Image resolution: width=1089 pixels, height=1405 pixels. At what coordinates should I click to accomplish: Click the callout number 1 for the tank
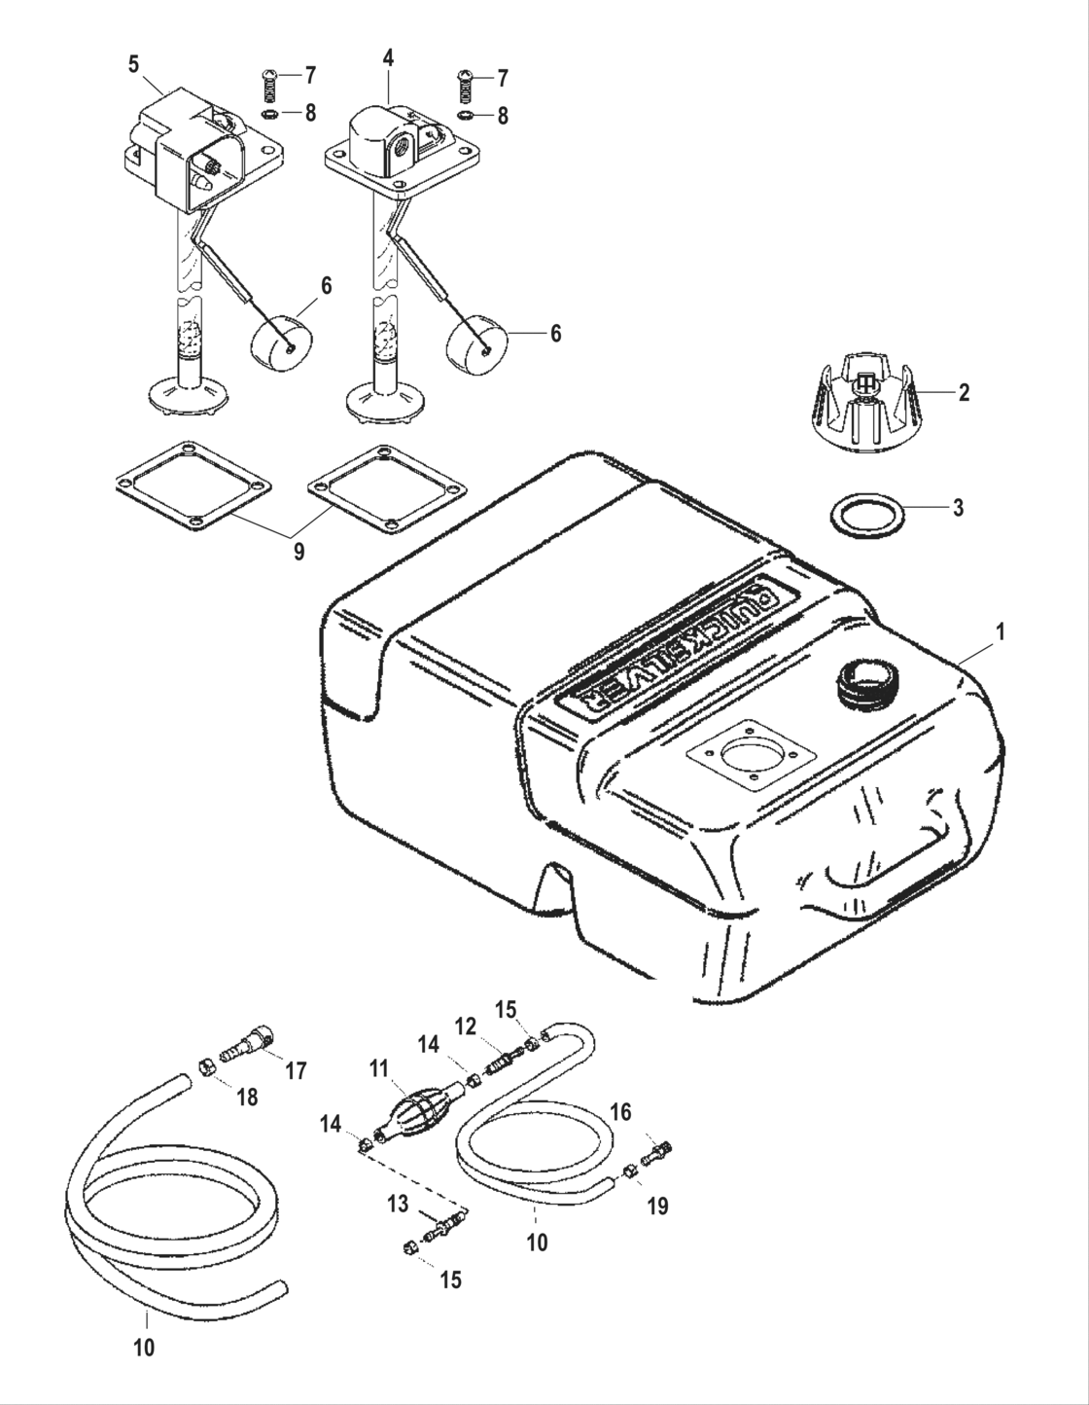(1000, 631)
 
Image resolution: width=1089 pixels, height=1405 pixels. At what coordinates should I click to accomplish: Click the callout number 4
(388, 57)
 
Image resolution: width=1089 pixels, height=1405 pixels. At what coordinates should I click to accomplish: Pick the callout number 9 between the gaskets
(299, 552)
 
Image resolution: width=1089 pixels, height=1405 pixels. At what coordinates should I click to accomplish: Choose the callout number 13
(397, 1205)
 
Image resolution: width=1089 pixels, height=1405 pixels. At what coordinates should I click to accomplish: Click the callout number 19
(657, 1207)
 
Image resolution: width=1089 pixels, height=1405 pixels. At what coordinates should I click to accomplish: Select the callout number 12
(466, 1026)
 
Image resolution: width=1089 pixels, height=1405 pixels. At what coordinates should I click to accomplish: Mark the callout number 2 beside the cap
(964, 393)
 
